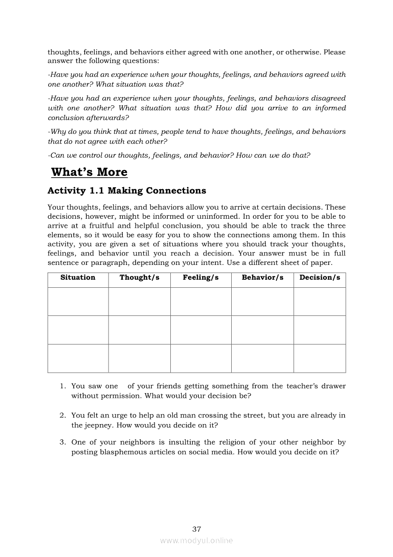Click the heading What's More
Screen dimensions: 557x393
coord(89,172)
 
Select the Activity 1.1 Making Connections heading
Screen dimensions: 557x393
coord(127,191)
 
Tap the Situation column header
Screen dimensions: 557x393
coord(78,277)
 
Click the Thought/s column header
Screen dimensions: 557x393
coord(139,277)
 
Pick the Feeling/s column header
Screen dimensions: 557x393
coord(200,277)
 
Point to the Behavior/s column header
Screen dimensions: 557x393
coord(262,277)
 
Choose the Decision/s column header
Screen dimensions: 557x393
coord(319,277)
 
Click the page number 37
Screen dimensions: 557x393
coord(196,529)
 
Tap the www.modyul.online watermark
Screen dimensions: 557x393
coord(196,540)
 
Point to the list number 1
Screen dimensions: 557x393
coord(62,386)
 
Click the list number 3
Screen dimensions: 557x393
coord(62,442)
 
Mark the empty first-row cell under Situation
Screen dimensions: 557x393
coord(78,301)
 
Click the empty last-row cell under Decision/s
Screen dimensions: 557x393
coord(319,358)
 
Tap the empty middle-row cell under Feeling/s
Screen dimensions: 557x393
coord(200,330)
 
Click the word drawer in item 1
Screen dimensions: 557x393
coord(334,386)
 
